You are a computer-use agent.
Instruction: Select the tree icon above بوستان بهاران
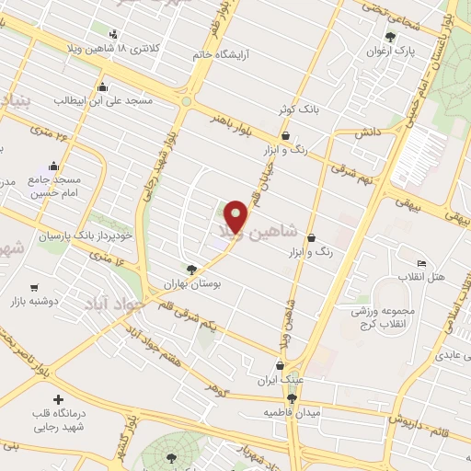191,270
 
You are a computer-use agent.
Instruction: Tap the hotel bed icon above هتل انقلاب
421,263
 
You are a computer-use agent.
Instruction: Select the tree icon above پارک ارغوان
391,37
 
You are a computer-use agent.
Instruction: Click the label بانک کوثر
298,109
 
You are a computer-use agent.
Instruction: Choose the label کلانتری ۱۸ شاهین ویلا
114,48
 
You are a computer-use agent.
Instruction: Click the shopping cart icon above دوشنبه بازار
34,288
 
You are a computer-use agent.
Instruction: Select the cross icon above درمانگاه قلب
59,400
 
